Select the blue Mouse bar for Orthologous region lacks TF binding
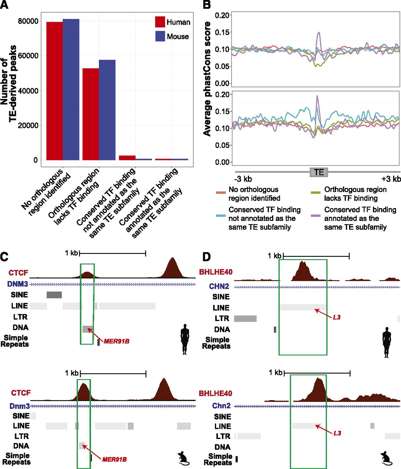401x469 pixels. [x=107, y=110]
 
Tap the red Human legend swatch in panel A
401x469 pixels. [x=160, y=22]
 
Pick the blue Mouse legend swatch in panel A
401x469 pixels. [x=160, y=36]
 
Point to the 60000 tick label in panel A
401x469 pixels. [x=28, y=56]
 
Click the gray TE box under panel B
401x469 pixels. [x=319, y=172]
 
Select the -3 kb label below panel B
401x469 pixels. [x=243, y=179]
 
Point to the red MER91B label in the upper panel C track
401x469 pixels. [x=116, y=341]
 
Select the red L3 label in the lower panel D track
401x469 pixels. [x=337, y=433]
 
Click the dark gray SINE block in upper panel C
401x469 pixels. [x=54, y=295]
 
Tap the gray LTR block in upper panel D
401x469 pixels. [x=245, y=318]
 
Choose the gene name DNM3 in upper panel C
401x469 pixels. [x=18, y=284]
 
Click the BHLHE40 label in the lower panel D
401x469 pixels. [x=215, y=394]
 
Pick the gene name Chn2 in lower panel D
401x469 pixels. [x=221, y=406]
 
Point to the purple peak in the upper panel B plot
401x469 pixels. [x=319, y=35]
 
